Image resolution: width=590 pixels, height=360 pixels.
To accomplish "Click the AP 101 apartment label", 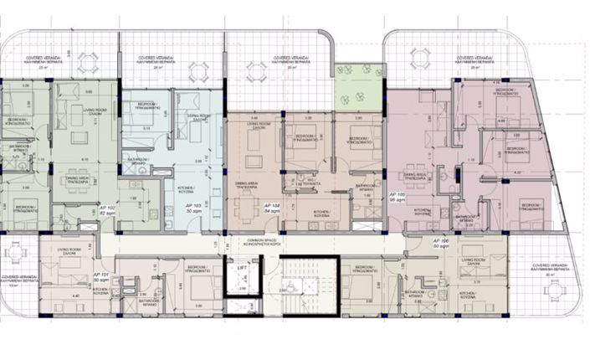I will point(101,277).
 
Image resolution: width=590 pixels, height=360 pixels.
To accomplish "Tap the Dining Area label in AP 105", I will point(417,177).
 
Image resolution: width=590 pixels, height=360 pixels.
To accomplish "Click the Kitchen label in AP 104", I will point(323,214).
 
